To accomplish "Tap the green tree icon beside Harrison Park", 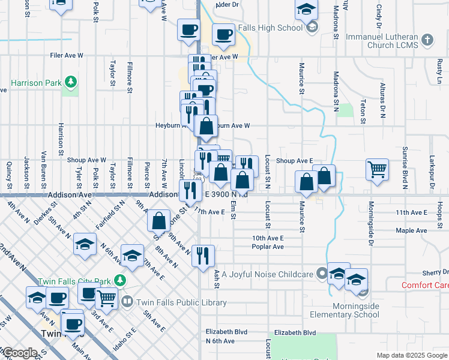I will [71, 81].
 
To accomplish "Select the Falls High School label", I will [270, 28].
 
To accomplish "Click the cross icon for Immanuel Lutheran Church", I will [427, 40].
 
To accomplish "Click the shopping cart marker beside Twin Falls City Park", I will [106, 297].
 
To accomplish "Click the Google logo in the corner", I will [19, 353].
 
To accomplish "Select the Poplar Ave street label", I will [267, 247].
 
